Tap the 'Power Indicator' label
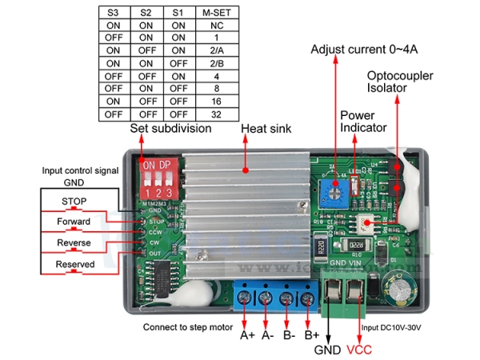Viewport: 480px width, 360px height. click(x=363, y=122)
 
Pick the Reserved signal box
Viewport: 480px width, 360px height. click(x=74, y=264)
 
